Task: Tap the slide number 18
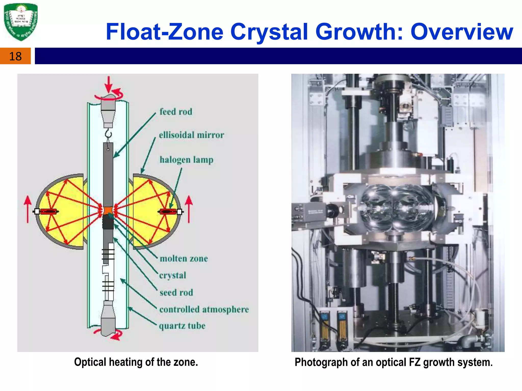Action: (x=15, y=56)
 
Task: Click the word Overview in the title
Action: (x=462, y=32)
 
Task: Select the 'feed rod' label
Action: (x=176, y=112)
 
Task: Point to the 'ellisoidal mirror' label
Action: (x=191, y=135)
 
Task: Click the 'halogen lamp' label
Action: (x=186, y=160)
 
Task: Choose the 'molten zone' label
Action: (x=184, y=259)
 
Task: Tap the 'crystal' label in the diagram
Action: (x=173, y=275)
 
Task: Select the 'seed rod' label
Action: (x=176, y=292)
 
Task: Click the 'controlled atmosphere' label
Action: (x=204, y=310)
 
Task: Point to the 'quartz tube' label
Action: (x=182, y=326)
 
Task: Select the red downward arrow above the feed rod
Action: (x=109, y=84)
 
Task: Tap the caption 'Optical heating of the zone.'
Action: (x=136, y=362)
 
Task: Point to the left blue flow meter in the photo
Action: (x=325, y=328)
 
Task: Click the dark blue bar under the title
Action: (x=278, y=56)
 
